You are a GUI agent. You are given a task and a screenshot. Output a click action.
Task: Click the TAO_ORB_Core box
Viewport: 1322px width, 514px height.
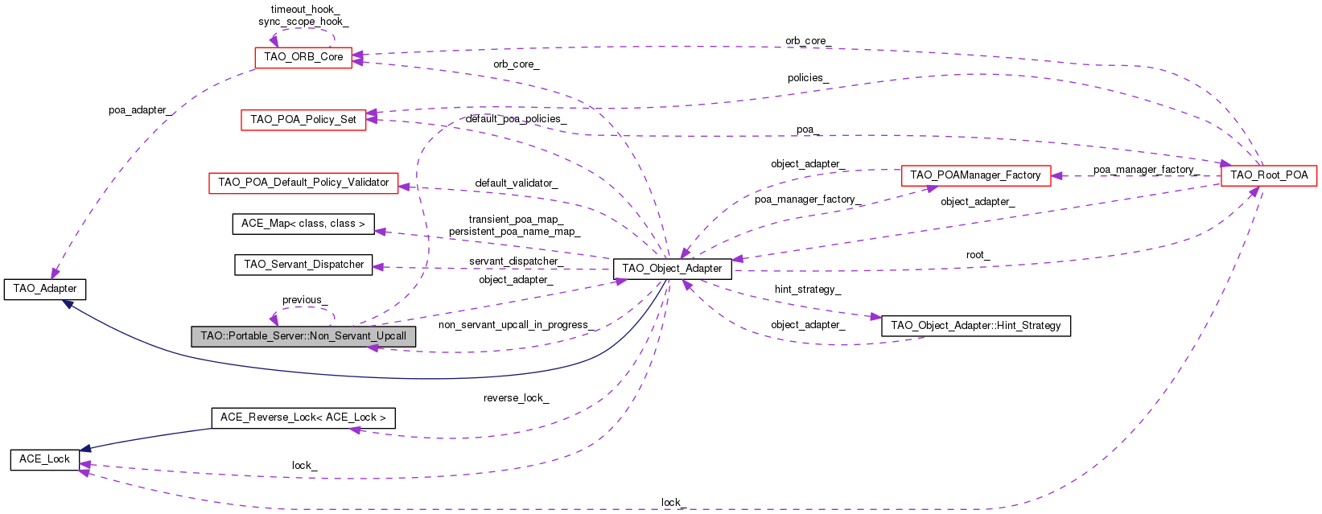point(303,57)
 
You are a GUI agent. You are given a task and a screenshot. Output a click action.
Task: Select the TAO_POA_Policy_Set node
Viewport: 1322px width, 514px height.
point(303,120)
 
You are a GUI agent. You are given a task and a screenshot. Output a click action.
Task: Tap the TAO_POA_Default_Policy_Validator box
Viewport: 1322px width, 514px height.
point(303,183)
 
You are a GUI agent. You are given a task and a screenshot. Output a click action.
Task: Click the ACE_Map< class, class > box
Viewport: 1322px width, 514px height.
point(303,224)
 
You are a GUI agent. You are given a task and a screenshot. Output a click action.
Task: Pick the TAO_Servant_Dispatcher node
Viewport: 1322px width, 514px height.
point(303,265)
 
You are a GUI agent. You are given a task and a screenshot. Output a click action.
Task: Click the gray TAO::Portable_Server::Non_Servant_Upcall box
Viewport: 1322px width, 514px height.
point(303,336)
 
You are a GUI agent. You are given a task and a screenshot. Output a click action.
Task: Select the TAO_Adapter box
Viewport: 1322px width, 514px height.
point(45,289)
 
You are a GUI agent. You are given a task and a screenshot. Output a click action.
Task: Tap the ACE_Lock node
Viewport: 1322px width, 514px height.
point(45,459)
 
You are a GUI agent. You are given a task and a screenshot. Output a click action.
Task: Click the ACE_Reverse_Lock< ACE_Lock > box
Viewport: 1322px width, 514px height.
point(303,417)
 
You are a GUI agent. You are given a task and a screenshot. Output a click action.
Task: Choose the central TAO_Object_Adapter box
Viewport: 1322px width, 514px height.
point(672,269)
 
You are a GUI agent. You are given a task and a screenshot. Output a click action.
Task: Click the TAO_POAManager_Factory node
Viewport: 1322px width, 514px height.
point(975,175)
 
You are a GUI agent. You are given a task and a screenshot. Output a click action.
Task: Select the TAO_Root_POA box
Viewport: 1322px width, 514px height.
point(1269,175)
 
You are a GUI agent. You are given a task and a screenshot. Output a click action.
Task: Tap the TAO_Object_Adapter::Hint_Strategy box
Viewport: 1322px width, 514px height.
point(975,326)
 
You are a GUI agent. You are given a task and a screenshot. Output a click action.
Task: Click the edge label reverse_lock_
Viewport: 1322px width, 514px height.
point(516,398)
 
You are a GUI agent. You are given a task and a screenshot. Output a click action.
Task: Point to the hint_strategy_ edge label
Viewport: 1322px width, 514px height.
point(807,290)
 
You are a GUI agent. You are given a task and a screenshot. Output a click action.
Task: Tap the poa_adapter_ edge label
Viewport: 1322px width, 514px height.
point(139,110)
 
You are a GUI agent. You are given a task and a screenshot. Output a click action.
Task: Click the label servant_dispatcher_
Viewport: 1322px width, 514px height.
point(516,261)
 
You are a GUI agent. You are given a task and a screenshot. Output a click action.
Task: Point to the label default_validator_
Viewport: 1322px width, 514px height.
point(516,183)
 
